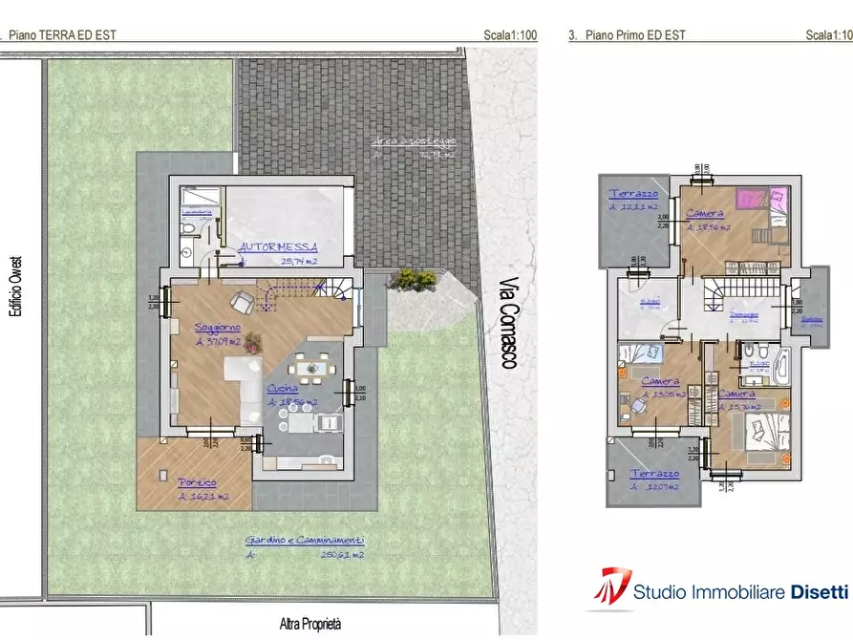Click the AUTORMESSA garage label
(278, 245)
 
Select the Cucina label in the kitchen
(282, 389)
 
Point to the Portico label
(196, 482)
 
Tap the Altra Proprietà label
(310, 625)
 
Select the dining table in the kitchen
(309, 367)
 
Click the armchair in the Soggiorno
(244, 302)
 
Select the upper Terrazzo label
(630, 193)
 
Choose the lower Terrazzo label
(655, 474)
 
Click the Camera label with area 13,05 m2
(659, 381)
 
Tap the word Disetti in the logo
(819, 592)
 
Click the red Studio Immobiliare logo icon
(608, 587)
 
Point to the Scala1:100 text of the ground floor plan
(510, 35)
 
